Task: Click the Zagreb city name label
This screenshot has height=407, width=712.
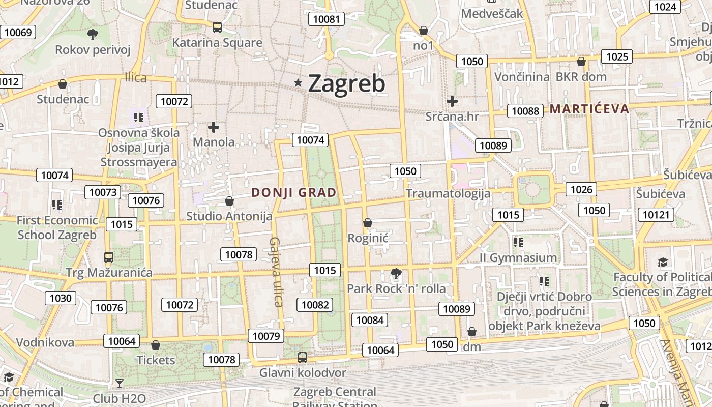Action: tap(347, 83)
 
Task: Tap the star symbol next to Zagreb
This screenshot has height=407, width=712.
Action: tap(298, 82)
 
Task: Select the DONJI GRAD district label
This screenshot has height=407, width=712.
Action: tap(294, 192)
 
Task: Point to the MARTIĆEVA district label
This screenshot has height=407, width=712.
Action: tap(589, 108)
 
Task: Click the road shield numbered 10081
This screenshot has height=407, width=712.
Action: tap(326, 19)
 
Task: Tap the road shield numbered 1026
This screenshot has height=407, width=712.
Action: tap(581, 190)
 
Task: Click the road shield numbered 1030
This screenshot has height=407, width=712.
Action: tap(61, 298)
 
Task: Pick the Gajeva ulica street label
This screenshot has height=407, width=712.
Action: tap(276, 272)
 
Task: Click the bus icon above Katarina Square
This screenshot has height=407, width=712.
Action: tap(217, 27)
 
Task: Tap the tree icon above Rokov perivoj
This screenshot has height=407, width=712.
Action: tap(93, 35)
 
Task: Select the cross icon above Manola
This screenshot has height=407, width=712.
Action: tap(214, 127)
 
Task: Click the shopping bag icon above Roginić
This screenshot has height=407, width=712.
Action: tap(368, 223)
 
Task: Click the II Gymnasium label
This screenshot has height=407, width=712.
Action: tap(518, 258)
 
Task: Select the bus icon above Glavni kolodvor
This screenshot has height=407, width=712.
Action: tap(303, 358)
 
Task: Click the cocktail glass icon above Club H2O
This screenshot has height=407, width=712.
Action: tap(119, 383)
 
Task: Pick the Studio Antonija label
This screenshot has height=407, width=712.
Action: tap(229, 216)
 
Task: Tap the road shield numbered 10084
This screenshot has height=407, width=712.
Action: tap(370, 320)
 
